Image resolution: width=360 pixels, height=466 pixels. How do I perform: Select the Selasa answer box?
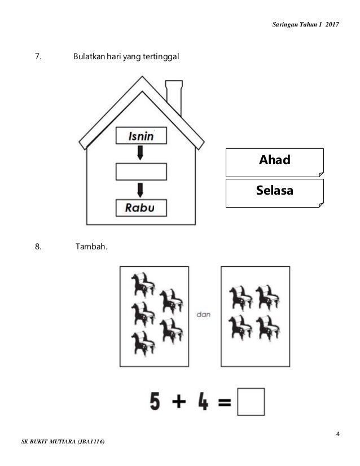[274, 192]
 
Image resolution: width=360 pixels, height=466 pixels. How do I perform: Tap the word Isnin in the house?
[141, 136]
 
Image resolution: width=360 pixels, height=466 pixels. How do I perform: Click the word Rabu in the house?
[141, 208]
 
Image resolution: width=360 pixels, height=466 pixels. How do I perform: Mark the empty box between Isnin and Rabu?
[141, 172]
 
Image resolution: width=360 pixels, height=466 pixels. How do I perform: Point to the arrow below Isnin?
[141, 153]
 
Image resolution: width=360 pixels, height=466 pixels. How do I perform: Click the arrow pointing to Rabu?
[141, 190]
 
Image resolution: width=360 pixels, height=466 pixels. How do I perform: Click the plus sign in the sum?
[179, 402]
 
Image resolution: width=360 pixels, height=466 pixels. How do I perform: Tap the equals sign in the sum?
[225, 402]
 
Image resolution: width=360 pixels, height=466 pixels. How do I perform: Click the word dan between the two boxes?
[204, 315]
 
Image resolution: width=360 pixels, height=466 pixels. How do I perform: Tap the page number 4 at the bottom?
[337, 434]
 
